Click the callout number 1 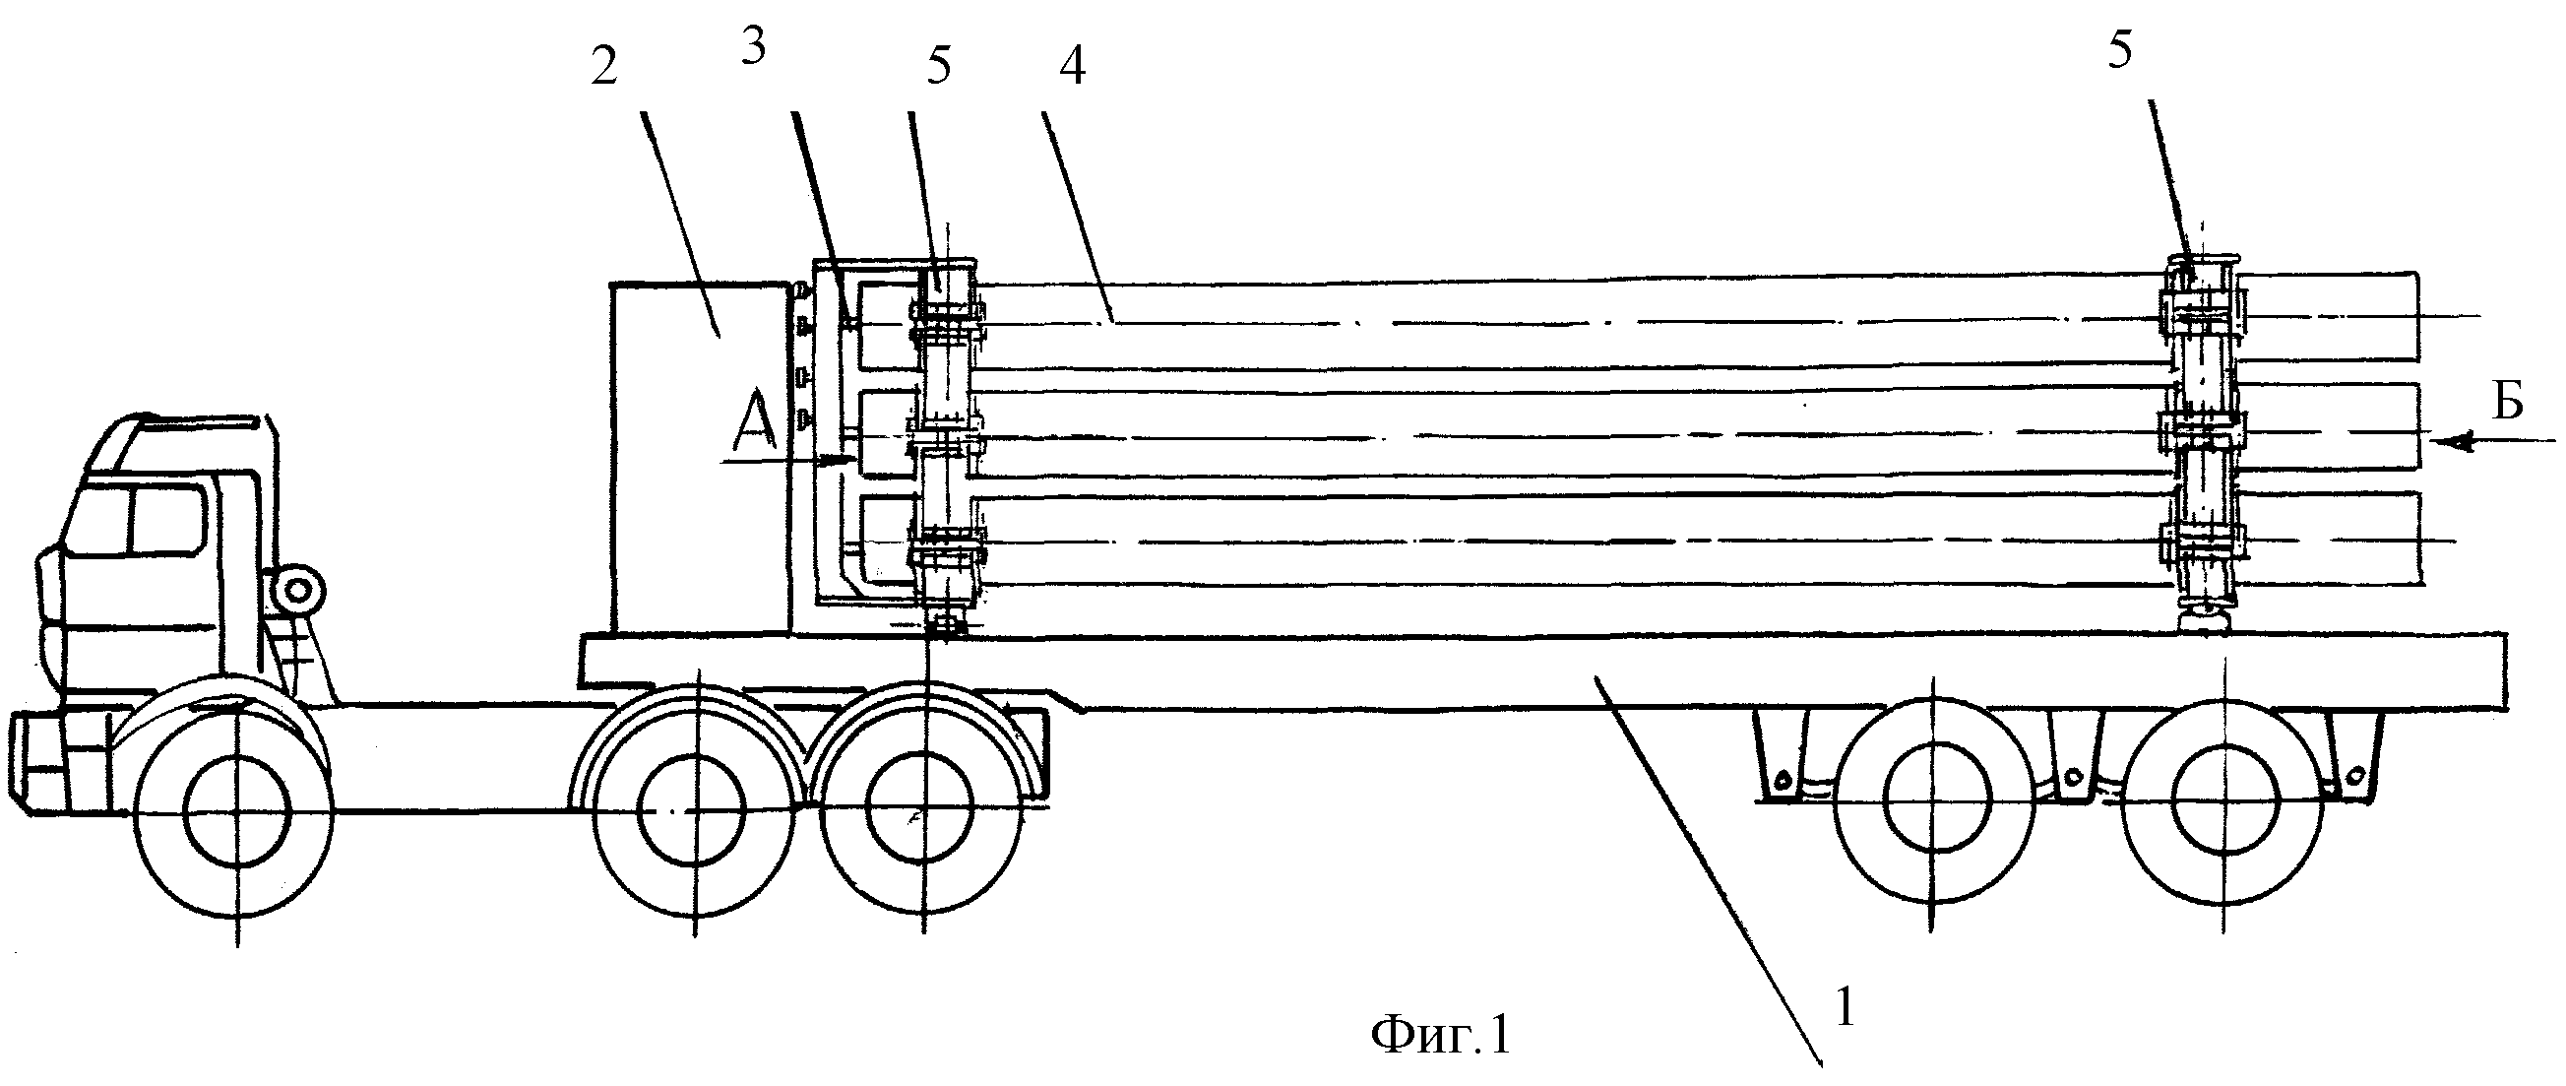(1845, 1009)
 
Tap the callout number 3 (753, 47)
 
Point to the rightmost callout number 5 (2119, 50)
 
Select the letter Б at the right (2507, 402)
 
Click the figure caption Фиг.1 (1440, 1035)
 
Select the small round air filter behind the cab (297, 593)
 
